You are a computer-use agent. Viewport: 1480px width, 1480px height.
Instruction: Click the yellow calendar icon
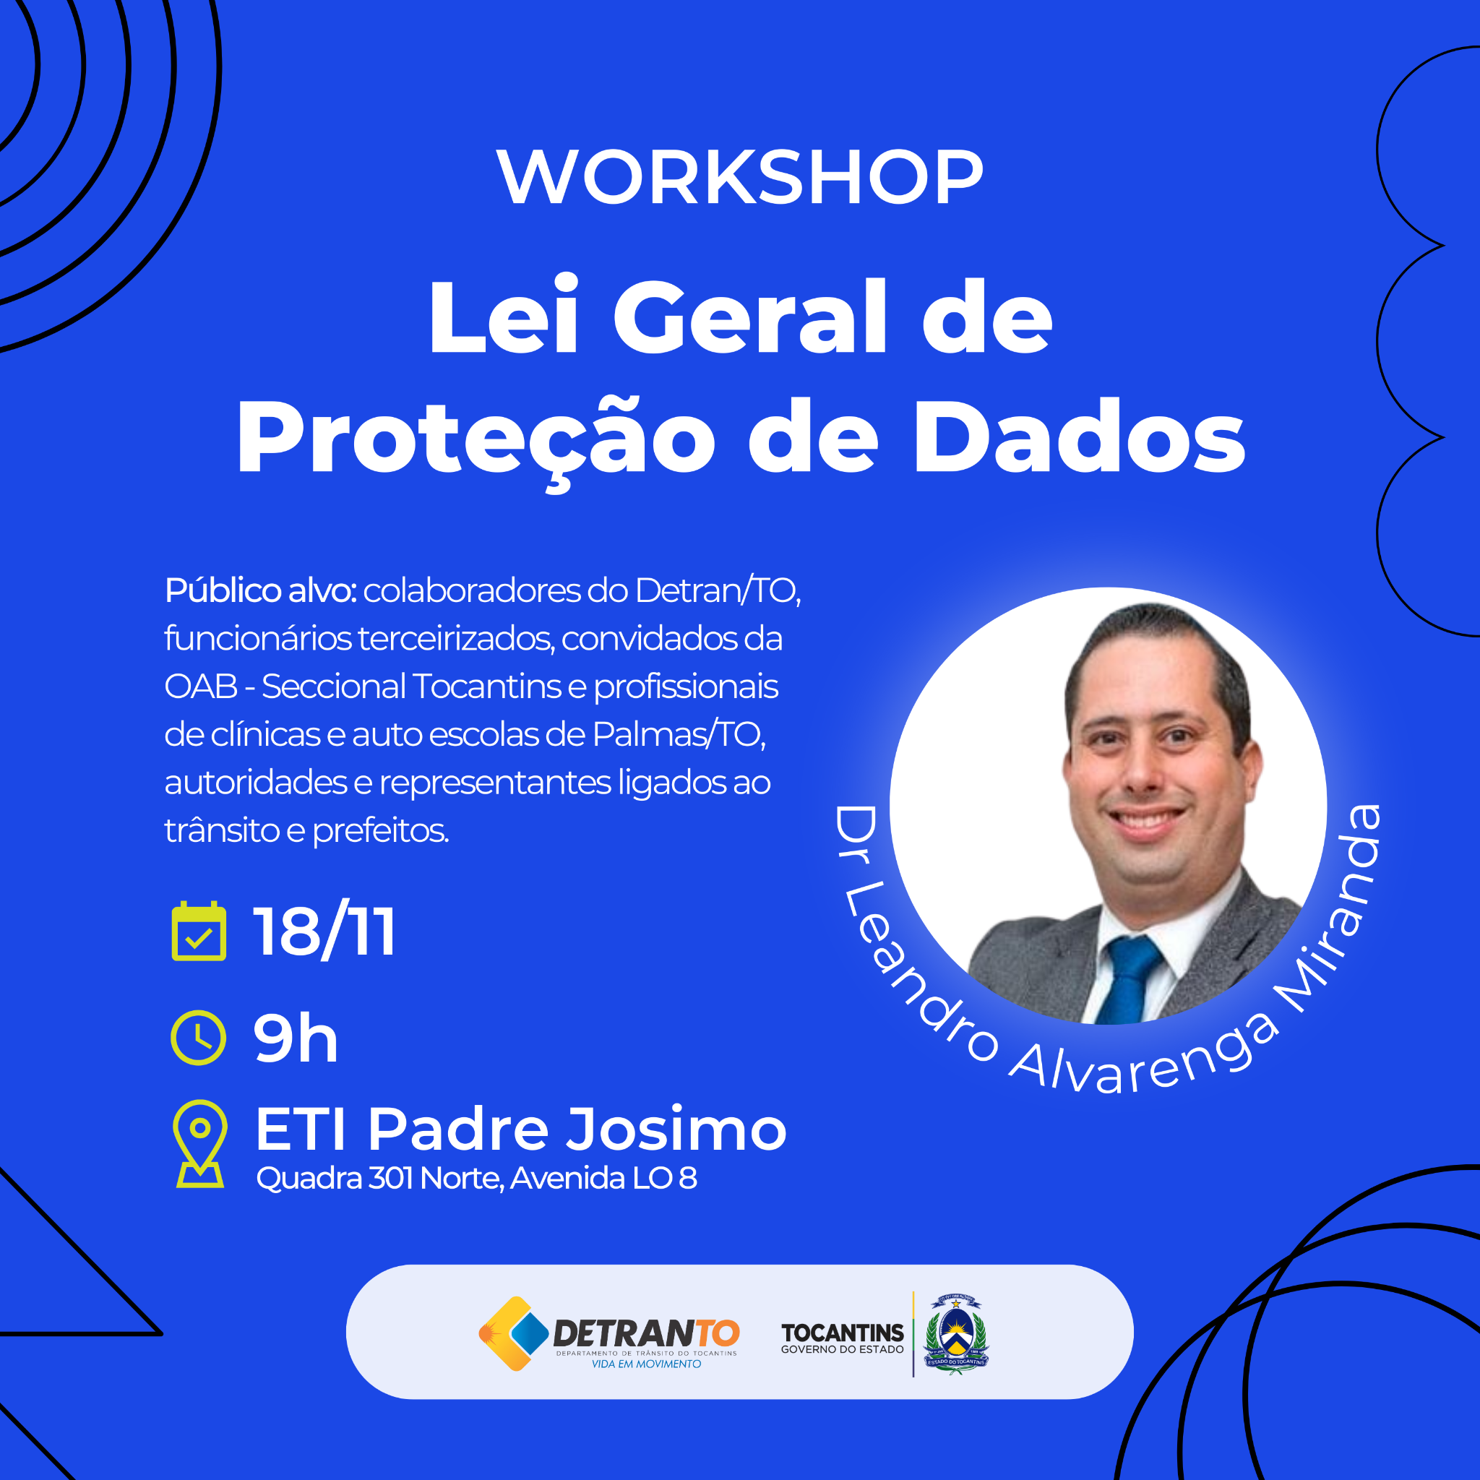coord(199,931)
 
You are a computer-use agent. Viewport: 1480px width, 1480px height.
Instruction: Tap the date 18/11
coord(324,932)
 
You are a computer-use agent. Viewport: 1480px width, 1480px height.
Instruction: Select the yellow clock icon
coord(199,1038)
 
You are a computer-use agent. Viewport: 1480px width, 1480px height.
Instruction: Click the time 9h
coord(296,1038)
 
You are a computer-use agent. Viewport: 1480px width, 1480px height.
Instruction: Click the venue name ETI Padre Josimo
coord(521,1130)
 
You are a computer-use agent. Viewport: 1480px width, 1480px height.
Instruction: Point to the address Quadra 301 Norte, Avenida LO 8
coord(476,1178)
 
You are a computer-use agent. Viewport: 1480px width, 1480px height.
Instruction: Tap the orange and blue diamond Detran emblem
coord(513,1334)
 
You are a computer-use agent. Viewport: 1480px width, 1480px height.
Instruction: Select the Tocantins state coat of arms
coord(956,1334)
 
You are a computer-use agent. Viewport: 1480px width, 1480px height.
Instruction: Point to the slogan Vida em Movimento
coord(646,1364)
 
